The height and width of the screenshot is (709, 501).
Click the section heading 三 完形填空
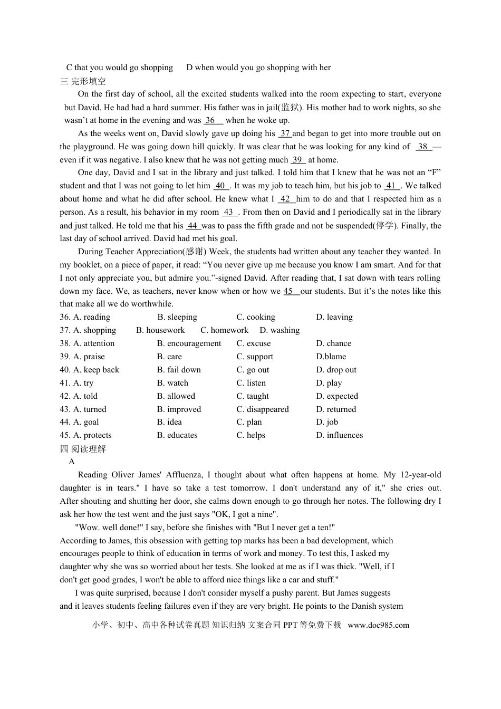click(83, 81)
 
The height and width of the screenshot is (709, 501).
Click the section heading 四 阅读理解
click(83, 449)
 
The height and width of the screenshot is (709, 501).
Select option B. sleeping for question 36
click(177, 317)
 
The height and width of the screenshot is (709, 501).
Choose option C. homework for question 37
click(224, 330)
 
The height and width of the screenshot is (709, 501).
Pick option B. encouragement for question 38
click(189, 343)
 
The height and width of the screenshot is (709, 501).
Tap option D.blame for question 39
click(331, 357)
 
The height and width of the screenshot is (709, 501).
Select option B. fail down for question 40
click(179, 370)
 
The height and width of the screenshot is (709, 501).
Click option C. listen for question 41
click(251, 383)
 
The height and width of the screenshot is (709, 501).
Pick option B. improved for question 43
click(179, 409)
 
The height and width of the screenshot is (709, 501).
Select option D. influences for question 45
click(340, 435)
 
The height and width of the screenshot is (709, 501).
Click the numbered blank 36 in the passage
click(210, 120)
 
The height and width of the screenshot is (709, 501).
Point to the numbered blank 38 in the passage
click(423, 147)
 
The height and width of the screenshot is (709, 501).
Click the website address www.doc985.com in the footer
click(379, 625)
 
